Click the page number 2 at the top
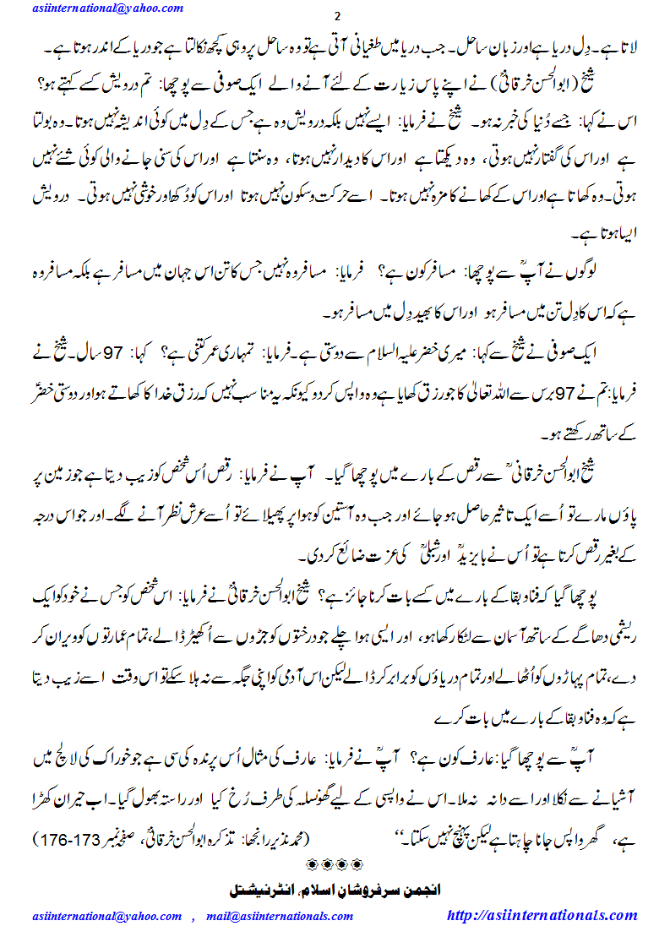[335, 19]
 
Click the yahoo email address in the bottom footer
[107, 916]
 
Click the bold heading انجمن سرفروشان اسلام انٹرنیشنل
[335, 890]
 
